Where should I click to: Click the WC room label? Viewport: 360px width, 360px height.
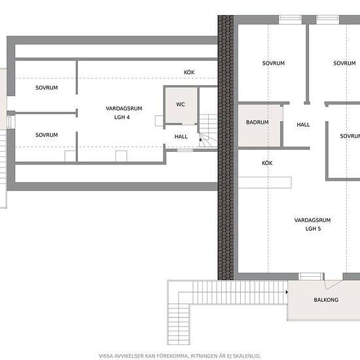181,105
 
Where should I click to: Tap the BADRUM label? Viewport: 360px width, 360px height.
257,122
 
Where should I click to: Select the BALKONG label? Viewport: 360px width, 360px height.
326,300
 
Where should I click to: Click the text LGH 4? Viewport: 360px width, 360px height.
122,117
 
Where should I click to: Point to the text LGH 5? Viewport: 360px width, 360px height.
313,228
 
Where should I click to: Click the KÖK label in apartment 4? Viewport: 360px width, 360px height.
189,72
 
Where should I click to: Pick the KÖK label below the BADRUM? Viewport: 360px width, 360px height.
267,163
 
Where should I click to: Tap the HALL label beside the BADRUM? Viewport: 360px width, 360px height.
303,124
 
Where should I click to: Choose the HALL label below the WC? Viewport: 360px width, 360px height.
181,137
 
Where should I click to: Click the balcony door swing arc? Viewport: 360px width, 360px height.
325,285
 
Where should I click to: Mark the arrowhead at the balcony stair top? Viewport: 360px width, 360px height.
287,292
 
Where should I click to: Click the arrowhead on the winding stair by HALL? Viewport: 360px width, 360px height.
200,139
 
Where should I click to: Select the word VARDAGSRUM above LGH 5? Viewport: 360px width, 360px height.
312,220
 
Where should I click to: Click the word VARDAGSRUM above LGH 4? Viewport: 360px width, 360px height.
124,109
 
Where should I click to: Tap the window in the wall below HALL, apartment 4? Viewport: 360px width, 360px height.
185,150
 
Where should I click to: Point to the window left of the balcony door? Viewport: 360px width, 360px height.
310,276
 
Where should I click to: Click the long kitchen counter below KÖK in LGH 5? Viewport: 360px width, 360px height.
265,183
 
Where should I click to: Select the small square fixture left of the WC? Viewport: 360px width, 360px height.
159,120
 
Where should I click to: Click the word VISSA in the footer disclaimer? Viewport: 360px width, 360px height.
106,356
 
